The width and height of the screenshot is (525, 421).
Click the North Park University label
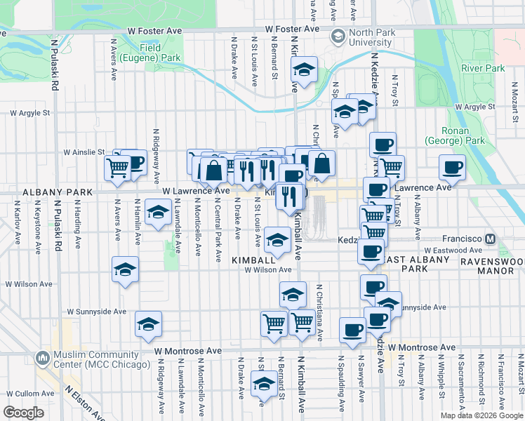pyautogui.click(x=370, y=37)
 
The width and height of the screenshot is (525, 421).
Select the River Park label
pyautogui.click(x=483, y=68)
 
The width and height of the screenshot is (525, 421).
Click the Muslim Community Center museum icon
pyautogui.click(x=43, y=358)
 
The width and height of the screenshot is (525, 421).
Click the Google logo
pyautogui.click(x=23, y=413)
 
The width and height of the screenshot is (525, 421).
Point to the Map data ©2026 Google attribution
pyautogui.click(x=481, y=415)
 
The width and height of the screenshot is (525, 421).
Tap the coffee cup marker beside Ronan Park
pyautogui.click(x=453, y=168)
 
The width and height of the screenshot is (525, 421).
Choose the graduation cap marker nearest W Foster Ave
pyautogui.click(x=304, y=70)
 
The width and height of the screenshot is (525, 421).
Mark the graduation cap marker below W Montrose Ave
pyautogui.click(x=263, y=384)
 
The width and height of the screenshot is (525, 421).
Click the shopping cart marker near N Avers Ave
pyautogui.click(x=117, y=167)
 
